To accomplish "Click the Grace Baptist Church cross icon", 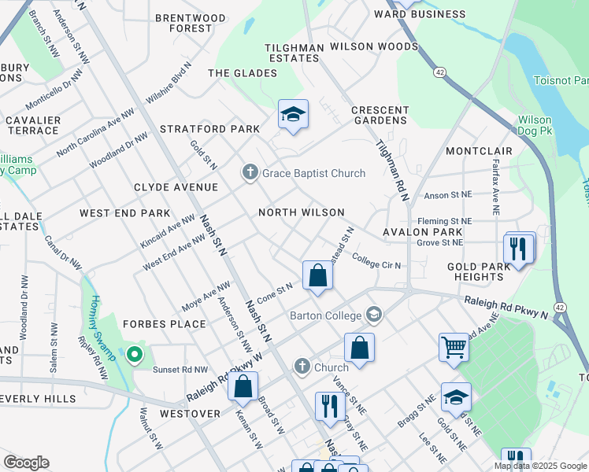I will pos(250,172).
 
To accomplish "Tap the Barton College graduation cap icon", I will pos(374,315).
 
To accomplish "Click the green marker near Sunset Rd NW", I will pos(135,356).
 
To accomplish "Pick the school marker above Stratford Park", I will pos(292,114).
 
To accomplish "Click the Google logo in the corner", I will pos(26,463).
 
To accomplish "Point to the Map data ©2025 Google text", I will pos(540,466).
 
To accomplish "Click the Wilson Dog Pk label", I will pos(539,126).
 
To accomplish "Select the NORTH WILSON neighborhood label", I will pos(302,212).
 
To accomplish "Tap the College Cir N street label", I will pos(376,260).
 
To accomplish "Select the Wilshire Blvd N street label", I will pos(169,84).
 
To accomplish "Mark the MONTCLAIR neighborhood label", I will pos(479,150).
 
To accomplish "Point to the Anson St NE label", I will pos(447,195).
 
